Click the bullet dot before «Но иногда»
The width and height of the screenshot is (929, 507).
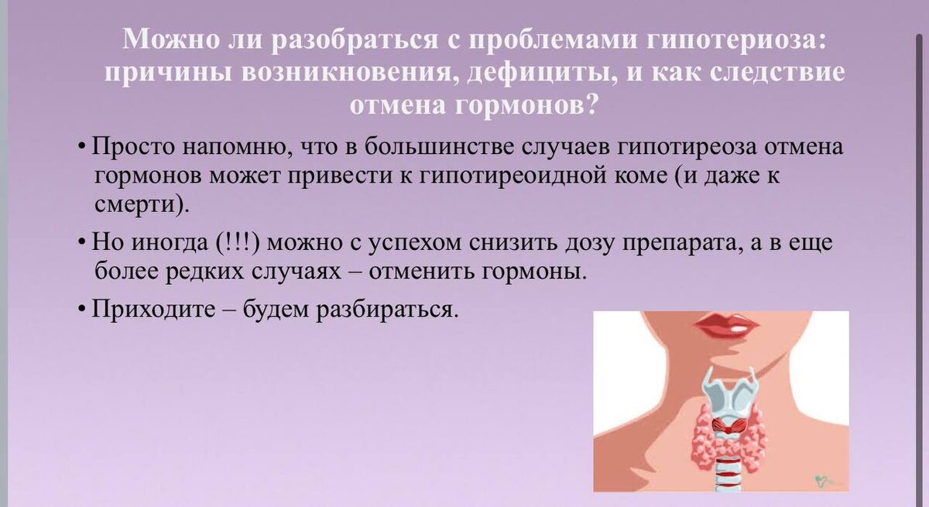coord(82,243)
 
